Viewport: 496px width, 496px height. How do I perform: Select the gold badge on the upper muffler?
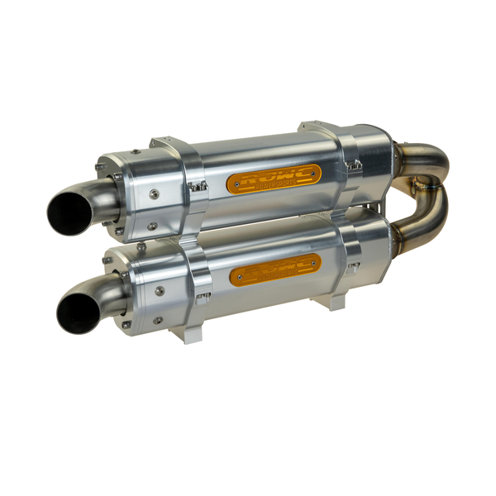coord(274,178)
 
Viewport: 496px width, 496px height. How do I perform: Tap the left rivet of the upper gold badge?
coord(236,184)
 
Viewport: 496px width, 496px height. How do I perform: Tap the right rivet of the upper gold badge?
coord(312,171)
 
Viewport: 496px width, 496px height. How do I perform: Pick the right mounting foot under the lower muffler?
coord(335,303)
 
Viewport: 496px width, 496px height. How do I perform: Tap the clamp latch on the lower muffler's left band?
coord(202,294)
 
